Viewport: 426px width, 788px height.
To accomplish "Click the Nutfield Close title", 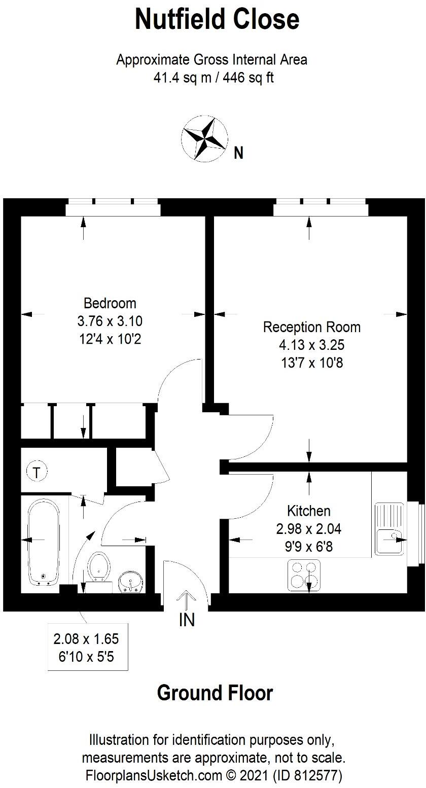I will (x=217, y=20).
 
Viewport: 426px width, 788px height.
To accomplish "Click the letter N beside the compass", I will (x=238, y=153).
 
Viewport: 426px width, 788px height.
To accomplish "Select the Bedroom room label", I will (x=110, y=303).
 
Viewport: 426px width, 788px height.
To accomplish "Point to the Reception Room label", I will (x=311, y=327).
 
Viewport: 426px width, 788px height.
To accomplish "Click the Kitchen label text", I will (x=308, y=511).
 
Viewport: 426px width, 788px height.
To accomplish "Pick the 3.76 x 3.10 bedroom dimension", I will (x=110, y=321).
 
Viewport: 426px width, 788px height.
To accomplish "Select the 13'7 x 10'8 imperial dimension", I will (x=311, y=363).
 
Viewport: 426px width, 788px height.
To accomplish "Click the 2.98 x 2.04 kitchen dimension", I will (x=308, y=529).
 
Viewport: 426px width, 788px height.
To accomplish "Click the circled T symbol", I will (x=37, y=472).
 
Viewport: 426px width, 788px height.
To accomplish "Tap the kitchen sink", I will (x=389, y=528).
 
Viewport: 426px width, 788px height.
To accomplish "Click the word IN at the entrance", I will (x=187, y=620).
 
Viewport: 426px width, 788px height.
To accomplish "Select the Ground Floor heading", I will (x=215, y=693).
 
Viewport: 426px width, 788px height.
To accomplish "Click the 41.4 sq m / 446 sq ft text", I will (x=213, y=78).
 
